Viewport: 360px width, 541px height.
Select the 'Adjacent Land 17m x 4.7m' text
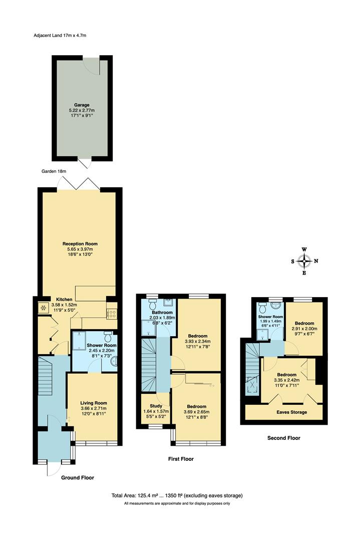[x=59, y=36]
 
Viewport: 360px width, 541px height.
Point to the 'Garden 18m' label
[x=54, y=171]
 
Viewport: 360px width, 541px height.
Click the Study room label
[x=149, y=406]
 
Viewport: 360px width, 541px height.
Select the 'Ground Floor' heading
[x=77, y=478]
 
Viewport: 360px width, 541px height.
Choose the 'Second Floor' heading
[x=283, y=438]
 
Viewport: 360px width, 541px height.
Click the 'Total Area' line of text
[x=177, y=495]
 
